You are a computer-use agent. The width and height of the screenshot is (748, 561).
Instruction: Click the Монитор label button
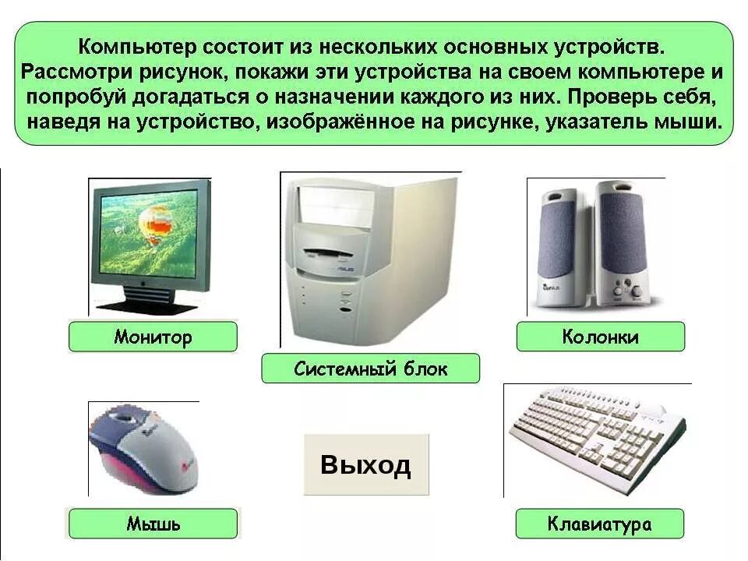point(153,337)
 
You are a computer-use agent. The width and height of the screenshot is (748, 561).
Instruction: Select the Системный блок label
point(370,369)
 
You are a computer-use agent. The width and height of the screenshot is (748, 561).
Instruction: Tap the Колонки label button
point(600,337)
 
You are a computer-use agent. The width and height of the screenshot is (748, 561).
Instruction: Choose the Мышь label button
point(153,524)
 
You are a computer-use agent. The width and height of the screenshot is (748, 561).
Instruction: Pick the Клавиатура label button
point(599,524)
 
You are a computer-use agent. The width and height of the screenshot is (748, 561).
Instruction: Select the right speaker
point(623,242)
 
